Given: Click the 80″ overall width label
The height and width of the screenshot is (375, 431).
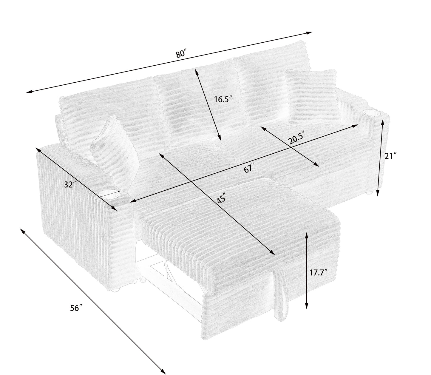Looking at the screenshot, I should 181,54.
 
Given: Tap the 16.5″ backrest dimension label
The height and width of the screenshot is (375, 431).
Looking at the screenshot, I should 223,99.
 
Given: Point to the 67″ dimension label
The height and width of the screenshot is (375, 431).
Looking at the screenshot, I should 248,169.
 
